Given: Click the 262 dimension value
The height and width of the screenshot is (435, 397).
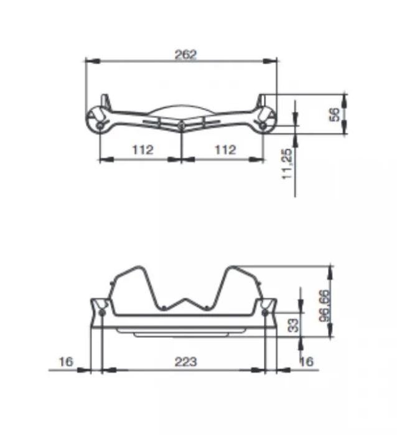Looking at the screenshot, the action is point(185,55).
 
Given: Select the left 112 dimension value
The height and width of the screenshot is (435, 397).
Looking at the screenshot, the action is point(142,150).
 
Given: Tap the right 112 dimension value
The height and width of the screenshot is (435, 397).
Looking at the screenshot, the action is point(225,150).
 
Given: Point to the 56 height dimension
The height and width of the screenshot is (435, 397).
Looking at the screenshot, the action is point(335,114).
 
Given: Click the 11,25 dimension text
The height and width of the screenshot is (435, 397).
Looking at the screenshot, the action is point(287,164).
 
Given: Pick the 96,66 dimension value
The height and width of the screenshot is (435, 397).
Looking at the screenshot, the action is point(324,306).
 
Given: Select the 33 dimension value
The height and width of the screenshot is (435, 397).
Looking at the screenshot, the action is point(293,325).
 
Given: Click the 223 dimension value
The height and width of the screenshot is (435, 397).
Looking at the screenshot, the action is point(185,362).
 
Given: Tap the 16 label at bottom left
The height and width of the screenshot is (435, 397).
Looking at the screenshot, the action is point(66,362).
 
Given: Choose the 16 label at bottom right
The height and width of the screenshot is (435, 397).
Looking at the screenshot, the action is point(307,361).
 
